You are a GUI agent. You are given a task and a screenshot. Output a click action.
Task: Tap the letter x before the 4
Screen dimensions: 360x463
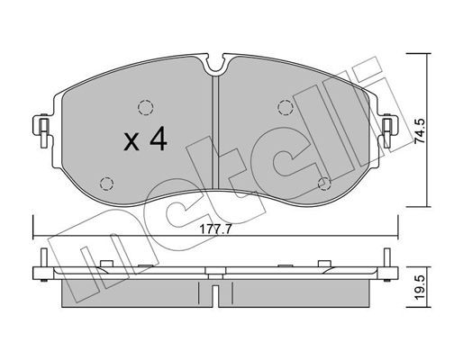tap(130, 143)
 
